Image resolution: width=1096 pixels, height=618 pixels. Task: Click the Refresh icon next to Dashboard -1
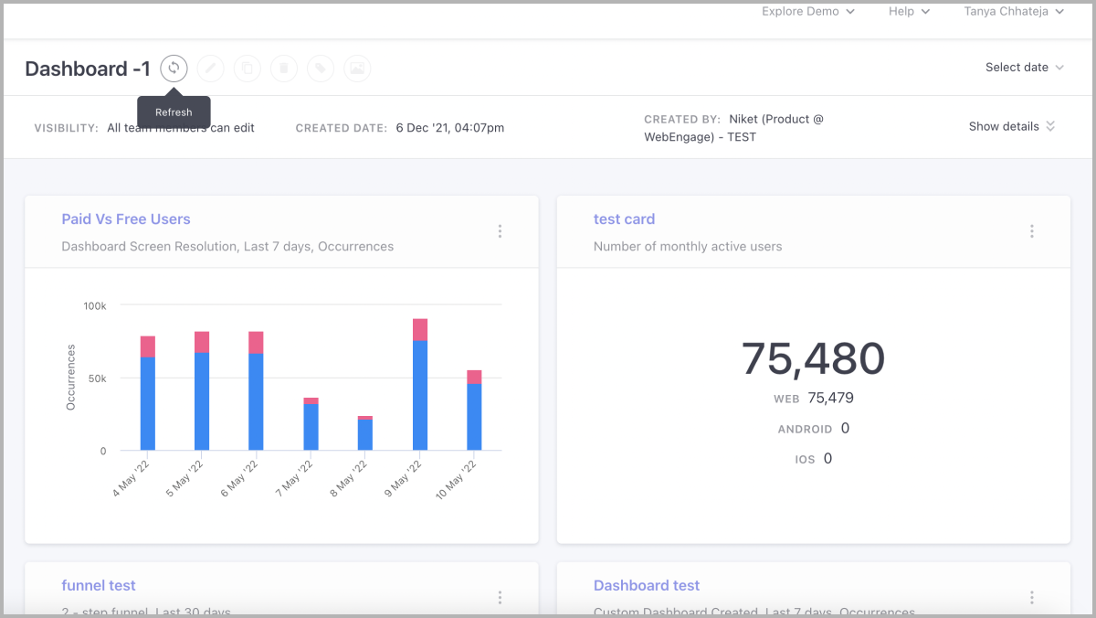tap(174, 68)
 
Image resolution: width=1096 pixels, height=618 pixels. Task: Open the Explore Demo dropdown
tap(807, 12)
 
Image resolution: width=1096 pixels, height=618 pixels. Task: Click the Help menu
tap(909, 12)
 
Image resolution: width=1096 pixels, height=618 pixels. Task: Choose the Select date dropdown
tap(1024, 68)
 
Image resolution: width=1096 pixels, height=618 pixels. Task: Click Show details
tap(1011, 126)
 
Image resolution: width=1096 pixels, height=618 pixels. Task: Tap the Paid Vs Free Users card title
tap(126, 219)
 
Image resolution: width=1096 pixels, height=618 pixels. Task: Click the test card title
tap(624, 219)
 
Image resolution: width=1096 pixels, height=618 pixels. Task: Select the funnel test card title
tap(99, 586)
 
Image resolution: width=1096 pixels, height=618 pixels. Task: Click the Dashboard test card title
tap(647, 586)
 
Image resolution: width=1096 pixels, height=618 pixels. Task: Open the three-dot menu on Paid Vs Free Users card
tap(500, 231)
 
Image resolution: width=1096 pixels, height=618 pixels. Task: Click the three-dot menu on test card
tap(1032, 231)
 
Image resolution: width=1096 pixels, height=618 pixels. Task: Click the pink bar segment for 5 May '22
tap(202, 342)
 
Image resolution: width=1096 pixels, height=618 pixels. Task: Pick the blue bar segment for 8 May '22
tap(365, 435)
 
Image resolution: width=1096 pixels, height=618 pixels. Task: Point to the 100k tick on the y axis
tap(95, 305)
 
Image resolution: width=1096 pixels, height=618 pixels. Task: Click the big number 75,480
tap(813, 358)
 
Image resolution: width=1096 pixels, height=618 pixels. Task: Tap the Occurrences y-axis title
tap(71, 377)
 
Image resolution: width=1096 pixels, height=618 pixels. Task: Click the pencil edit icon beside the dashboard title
tap(210, 68)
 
